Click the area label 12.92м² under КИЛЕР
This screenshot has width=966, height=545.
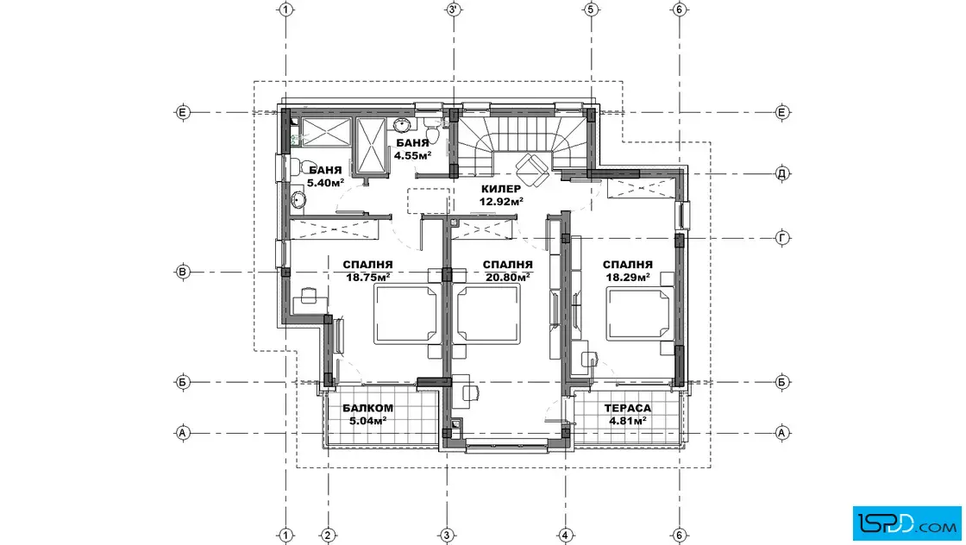(501, 201)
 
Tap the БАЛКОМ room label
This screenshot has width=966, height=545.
(367, 408)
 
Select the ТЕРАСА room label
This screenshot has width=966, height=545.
(627, 408)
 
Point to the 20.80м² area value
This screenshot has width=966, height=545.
(508, 277)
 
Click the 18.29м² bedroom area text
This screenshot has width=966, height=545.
(628, 277)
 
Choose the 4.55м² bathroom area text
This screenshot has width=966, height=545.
(412, 155)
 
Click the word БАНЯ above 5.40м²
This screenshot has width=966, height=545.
(325, 171)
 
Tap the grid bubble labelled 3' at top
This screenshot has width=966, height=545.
(454, 9)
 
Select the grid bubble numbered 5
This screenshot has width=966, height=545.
(590, 9)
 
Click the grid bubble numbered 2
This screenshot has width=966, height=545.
(328, 536)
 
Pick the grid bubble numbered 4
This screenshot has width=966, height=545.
(566, 536)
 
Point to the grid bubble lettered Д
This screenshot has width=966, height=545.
(781, 173)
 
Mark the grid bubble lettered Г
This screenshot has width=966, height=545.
(781, 238)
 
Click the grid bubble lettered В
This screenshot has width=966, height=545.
(182, 272)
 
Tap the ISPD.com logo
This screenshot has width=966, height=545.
(906, 523)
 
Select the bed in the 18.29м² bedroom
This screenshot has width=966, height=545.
(639, 315)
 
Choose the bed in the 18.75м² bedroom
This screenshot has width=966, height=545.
(406, 315)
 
